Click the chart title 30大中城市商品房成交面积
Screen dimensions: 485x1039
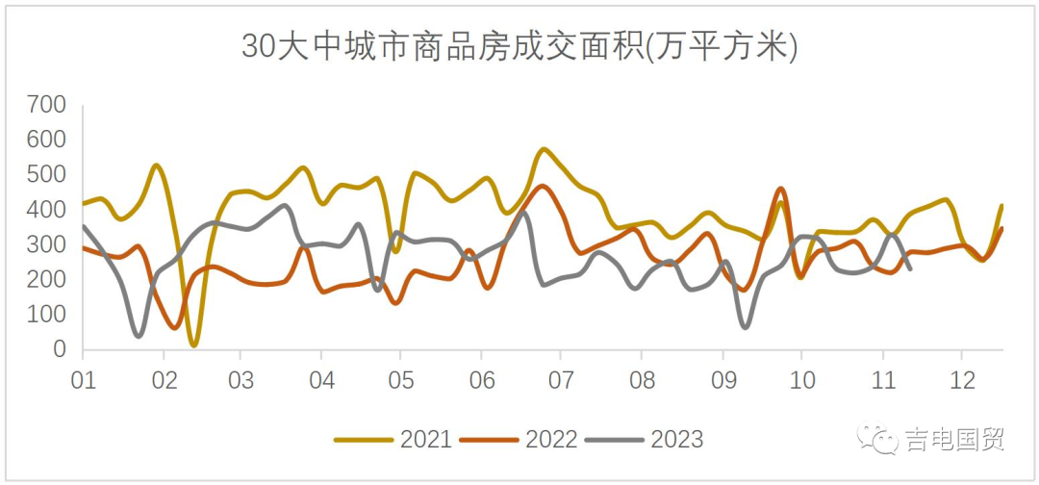pos(519,46)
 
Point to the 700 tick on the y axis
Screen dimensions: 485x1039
pos(46,105)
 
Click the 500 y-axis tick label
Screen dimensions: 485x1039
pos(46,175)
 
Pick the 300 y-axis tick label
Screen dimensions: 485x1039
pos(46,244)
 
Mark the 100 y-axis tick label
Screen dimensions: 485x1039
pos(46,315)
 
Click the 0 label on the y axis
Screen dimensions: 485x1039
pos(60,349)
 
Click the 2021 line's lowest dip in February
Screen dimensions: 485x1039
pos(194,344)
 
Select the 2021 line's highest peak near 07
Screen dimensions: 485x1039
pos(545,149)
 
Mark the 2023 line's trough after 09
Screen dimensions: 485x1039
pos(746,327)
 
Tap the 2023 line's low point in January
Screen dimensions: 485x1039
pos(139,336)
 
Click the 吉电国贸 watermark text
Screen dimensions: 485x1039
pos(954,440)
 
